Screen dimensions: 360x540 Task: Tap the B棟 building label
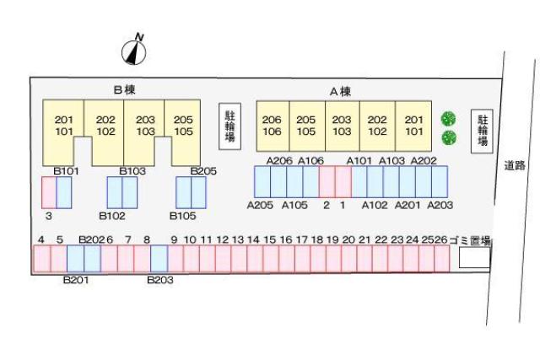click(125, 89)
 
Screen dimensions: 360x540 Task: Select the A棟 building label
click(340, 91)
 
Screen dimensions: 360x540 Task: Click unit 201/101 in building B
click(64, 126)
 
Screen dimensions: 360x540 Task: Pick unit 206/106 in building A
click(272, 126)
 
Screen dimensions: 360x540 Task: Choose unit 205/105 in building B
click(183, 126)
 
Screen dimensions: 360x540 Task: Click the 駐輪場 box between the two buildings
click(229, 126)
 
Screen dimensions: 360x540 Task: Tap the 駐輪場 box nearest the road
click(483, 131)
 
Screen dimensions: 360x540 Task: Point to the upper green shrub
click(449, 118)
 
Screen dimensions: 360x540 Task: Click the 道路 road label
click(515, 166)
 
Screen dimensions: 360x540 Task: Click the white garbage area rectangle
click(473, 258)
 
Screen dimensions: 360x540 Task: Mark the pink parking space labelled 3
click(49, 192)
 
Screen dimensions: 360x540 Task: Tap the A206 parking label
click(279, 160)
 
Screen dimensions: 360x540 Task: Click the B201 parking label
click(76, 280)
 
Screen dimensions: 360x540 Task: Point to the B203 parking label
click(160, 280)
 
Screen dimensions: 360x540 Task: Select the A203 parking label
click(440, 205)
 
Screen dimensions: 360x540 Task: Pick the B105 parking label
click(183, 216)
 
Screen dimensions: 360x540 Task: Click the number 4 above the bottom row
click(41, 240)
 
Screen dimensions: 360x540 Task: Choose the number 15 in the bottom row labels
click(270, 240)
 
